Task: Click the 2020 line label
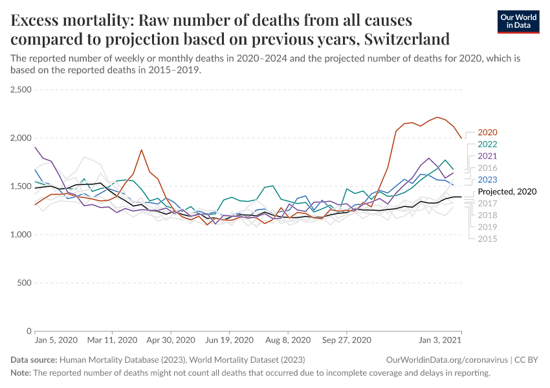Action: (487, 133)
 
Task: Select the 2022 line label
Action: (487, 144)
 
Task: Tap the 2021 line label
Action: (487, 156)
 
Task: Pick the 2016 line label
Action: (487, 167)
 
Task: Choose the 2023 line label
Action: (487, 180)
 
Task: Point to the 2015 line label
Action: (487, 239)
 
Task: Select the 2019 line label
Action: (487, 227)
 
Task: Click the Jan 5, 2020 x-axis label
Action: (56, 339)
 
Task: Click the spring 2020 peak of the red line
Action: (141, 150)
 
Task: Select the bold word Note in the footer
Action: (21, 373)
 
